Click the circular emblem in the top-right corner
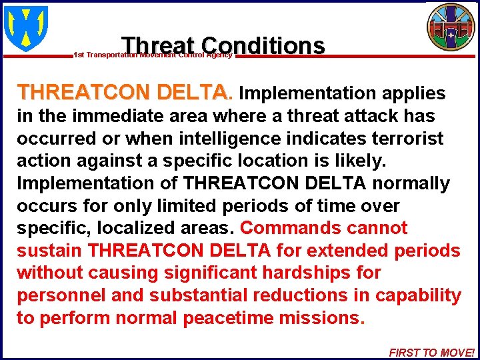click(x=451, y=27)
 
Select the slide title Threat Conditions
click(x=223, y=45)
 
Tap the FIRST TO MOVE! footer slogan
click(x=431, y=353)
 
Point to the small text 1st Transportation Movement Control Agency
click(x=153, y=55)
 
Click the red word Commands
click(x=290, y=228)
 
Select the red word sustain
click(x=50, y=251)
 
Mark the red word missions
click(x=322, y=318)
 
